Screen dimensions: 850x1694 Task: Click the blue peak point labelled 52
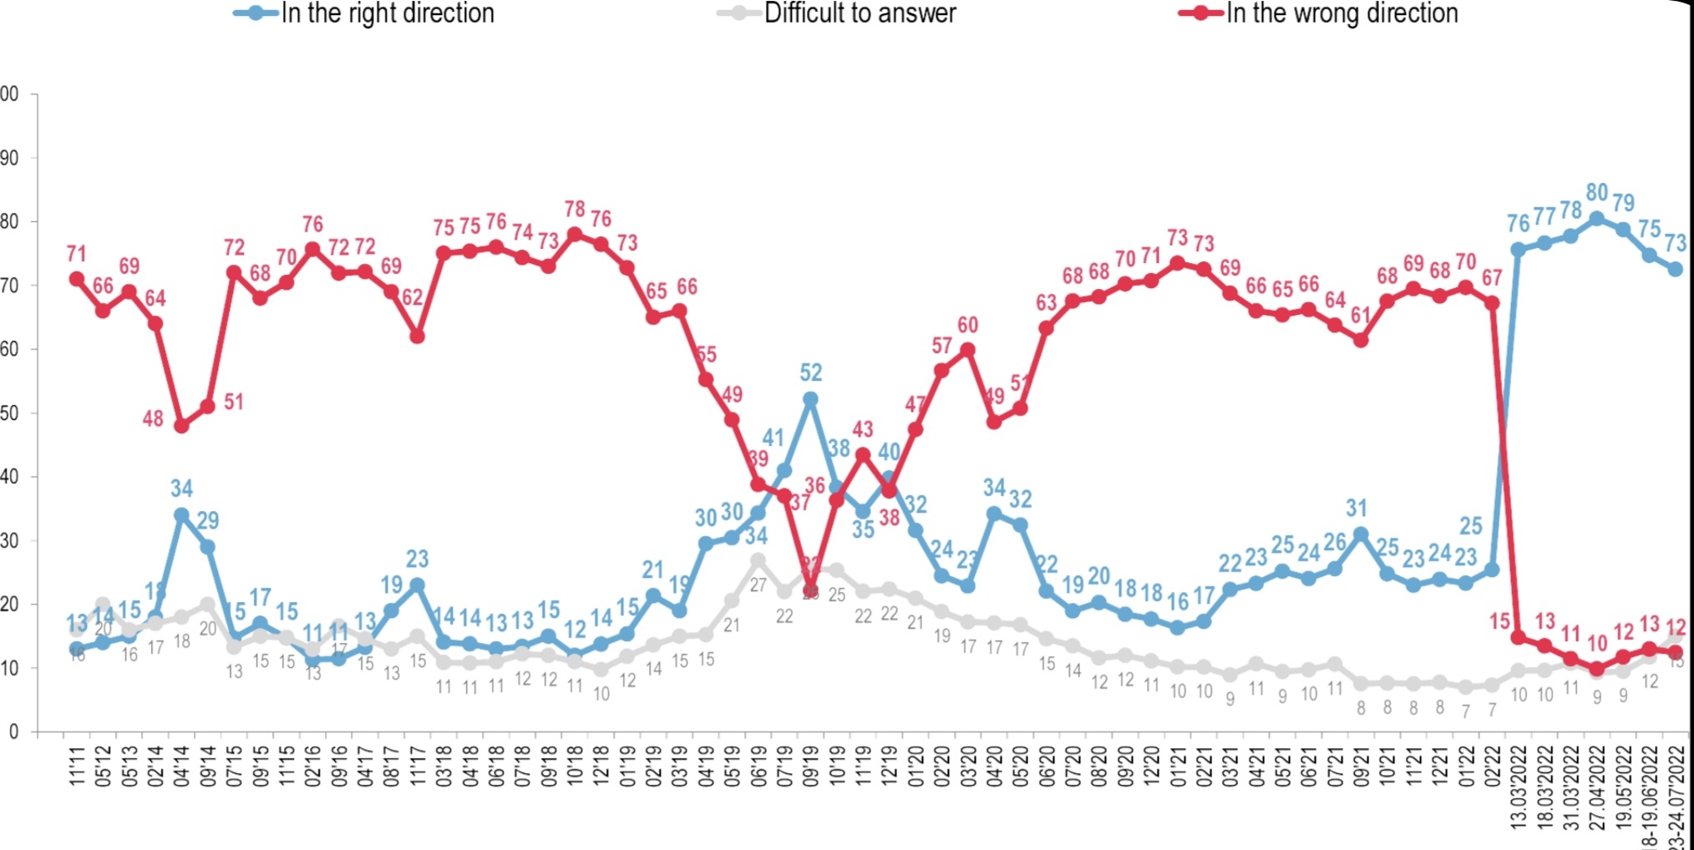[810, 400]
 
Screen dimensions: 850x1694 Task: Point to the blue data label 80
[1597, 193]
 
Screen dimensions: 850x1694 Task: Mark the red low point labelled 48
[181, 426]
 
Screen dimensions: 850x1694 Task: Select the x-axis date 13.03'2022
[1519, 785]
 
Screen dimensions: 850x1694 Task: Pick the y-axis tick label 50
[9, 413]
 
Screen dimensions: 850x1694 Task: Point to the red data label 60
[967, 326]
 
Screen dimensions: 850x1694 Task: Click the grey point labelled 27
[758, 560]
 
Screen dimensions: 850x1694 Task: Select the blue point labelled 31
[1361, 534]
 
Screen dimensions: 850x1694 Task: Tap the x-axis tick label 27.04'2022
[1597, 785]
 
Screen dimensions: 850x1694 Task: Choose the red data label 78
[575, 209]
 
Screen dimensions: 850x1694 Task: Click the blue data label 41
[773, 438]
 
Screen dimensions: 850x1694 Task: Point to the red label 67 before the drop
[1492, 277]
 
